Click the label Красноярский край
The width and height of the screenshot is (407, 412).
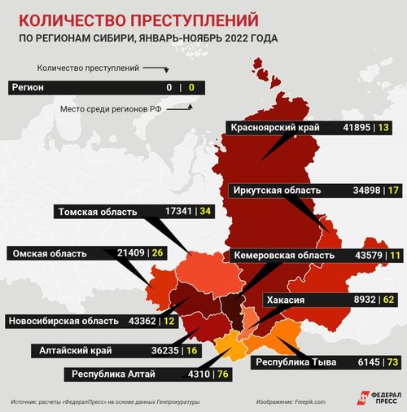(275, 128)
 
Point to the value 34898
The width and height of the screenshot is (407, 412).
(359, 190)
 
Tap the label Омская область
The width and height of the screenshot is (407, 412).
(49, 253)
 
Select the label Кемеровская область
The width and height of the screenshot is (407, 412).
(282, 256)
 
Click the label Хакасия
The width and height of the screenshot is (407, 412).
(287, 300)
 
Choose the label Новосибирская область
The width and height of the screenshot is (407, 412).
(60, 321)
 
